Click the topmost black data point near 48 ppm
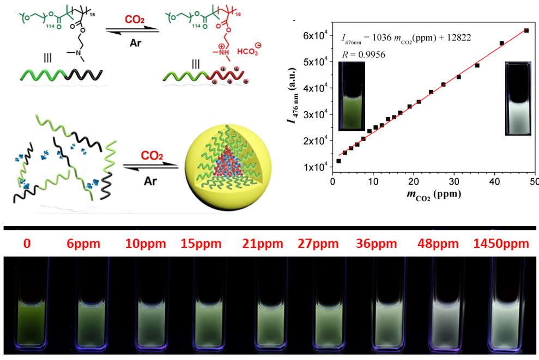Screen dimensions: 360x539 [526, 30]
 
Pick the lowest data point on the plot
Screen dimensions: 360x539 [338, 161]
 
